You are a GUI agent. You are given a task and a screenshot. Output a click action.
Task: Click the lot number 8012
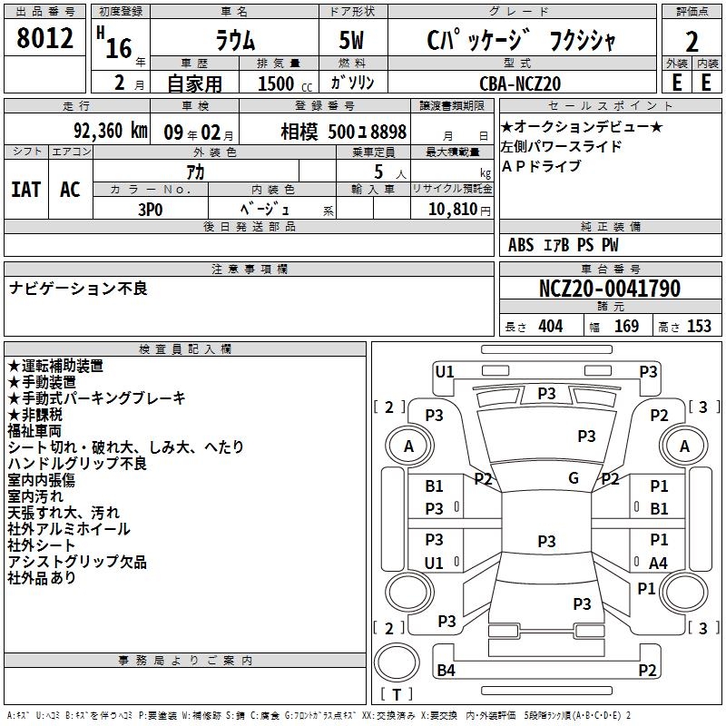pyautogui.click(x=45, y=40)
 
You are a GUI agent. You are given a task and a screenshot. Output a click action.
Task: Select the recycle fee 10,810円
pyautogui.click(x=453, y=209)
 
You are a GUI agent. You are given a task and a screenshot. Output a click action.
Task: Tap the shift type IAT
pyautogui.click(x=26, y=189)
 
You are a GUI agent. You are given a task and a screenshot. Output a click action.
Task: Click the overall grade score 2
pyautogui.click(x=692, y=42)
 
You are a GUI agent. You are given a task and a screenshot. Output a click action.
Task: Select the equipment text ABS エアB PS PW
pyautogui.click(x=564, y=245)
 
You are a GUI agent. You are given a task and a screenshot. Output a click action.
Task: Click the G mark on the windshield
pyautogui.click(x=574, y=478)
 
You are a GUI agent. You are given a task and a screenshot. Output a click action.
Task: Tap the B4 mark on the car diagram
pyautogui.click(x=446, y=671)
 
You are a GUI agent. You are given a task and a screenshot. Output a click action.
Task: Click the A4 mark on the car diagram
pyautogui.click(x=659, y=563)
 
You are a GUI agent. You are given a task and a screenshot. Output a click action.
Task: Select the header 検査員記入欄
pyautogui.click(x=185, y=348)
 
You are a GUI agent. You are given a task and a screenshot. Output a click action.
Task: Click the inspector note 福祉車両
pyautogui.click(x=34, y=431)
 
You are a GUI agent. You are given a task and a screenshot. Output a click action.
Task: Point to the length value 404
pyautogui.click(x=550, y=327)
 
